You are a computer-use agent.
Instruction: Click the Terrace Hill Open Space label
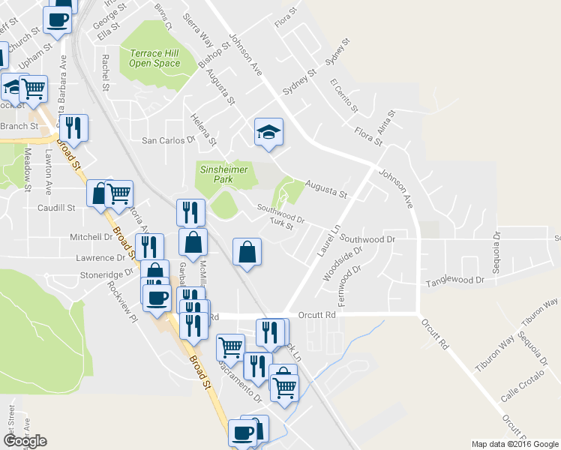[x=155, y=58]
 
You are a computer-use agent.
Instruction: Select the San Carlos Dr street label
[x=168, y=139]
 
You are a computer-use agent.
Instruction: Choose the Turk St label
[x=281, y=226]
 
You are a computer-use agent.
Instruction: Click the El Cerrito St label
[x=344, y=94]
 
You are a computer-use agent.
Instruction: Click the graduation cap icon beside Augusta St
[x=268, y=133]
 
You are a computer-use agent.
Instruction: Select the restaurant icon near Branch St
[x=73, y=127]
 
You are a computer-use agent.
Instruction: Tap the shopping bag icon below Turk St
[x=247, y=252]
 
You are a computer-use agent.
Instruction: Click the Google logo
[x=25, y=441]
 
